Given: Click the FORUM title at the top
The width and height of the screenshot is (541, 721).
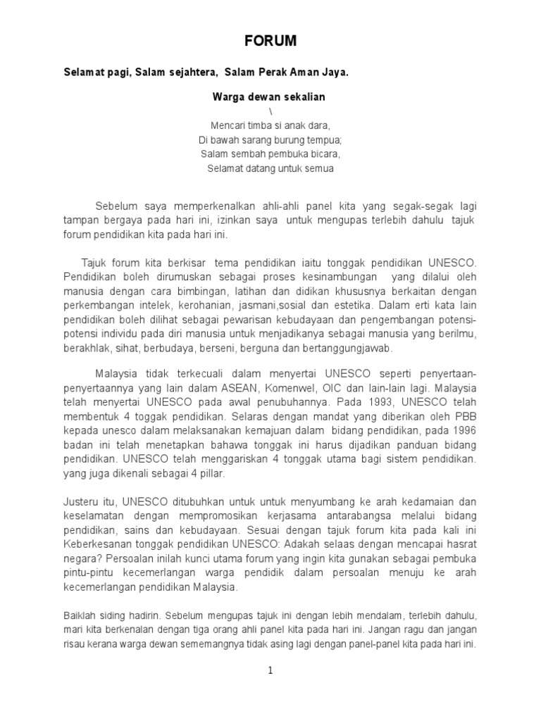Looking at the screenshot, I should tap(271, 42).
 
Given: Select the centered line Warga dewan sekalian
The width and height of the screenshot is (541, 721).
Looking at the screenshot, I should tap(269, 96).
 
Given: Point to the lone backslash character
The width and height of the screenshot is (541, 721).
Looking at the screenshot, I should tap(270, 112).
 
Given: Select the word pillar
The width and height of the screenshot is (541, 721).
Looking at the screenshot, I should tap(210, 474).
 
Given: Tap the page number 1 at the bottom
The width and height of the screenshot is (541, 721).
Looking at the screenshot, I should tap(270, 670).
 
